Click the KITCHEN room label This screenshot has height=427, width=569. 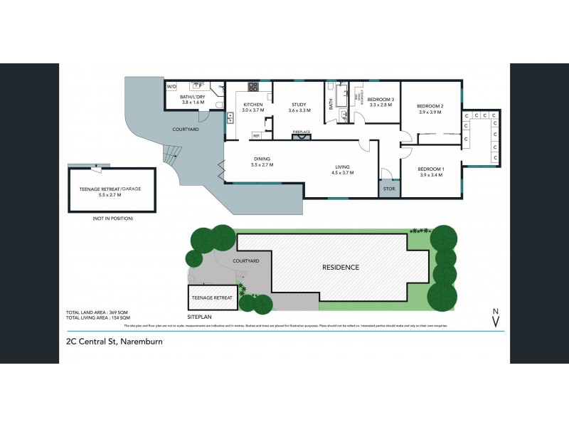(252, 105)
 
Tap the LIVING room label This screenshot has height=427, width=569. (344, 168)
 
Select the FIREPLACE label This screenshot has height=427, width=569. (302, 132)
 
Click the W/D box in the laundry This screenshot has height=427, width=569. (171, 87)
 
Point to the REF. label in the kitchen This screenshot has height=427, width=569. (256, 135)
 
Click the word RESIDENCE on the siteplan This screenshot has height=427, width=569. (341, 268)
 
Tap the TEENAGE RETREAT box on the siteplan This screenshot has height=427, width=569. (212, 297)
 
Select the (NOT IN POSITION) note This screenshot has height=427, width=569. (112, 218)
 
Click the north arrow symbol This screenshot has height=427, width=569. (495, 317)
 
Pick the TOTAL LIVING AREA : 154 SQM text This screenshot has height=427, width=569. (98, 318)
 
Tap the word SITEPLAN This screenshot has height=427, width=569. (200, 315)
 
